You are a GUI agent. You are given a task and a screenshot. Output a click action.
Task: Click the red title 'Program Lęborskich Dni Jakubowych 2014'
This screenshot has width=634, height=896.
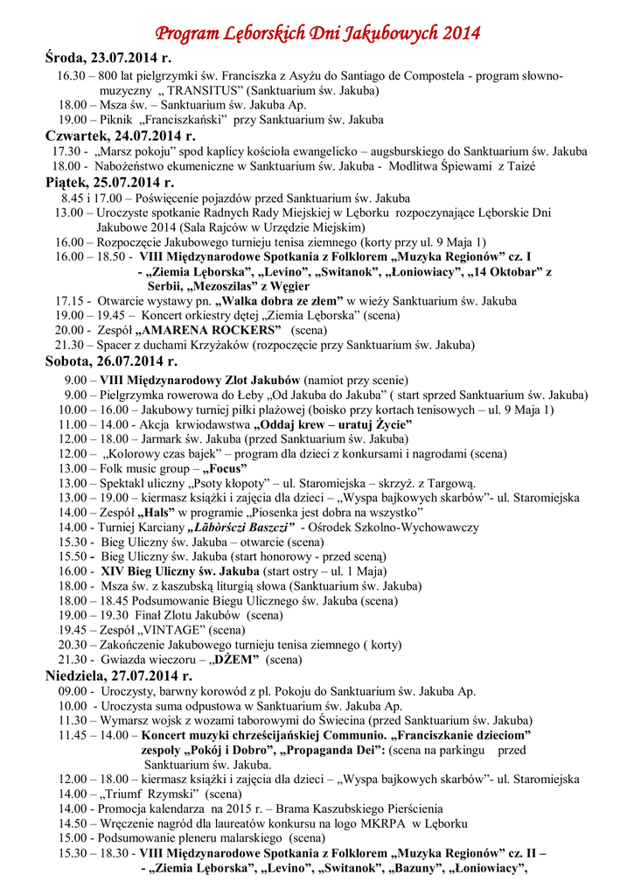(317, 34)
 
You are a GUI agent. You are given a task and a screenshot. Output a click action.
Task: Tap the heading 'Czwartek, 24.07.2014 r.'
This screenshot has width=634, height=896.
(121, 136)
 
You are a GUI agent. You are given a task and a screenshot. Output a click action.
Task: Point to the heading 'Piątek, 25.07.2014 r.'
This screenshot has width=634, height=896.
(109, 182)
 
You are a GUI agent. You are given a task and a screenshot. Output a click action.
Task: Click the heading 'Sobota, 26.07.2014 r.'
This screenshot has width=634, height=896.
(111, 360)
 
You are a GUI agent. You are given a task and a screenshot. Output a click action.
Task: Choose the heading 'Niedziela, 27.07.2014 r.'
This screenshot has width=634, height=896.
(119, 675)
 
